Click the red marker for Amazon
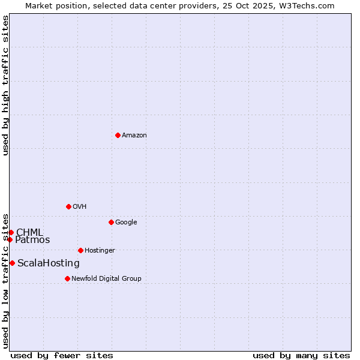(118, 135)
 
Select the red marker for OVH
(68, 206)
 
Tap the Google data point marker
(111, 222)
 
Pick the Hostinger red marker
(80, 250)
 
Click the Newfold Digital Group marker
(67, 278)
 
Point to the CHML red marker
(11, 232)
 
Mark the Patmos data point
(10, 239)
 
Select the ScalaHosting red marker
(12, 263)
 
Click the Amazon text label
(134, 135)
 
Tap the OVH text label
(79, 206)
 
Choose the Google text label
(126, 222)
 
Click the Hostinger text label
(100, 250)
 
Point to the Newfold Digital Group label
(106, 278)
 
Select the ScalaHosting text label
(48, 263)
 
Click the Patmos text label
(32, 240)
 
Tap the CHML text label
(29, 232)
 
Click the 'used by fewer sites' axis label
(62, 355)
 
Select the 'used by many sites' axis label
(301, 355)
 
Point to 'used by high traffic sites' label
(5, 85)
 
